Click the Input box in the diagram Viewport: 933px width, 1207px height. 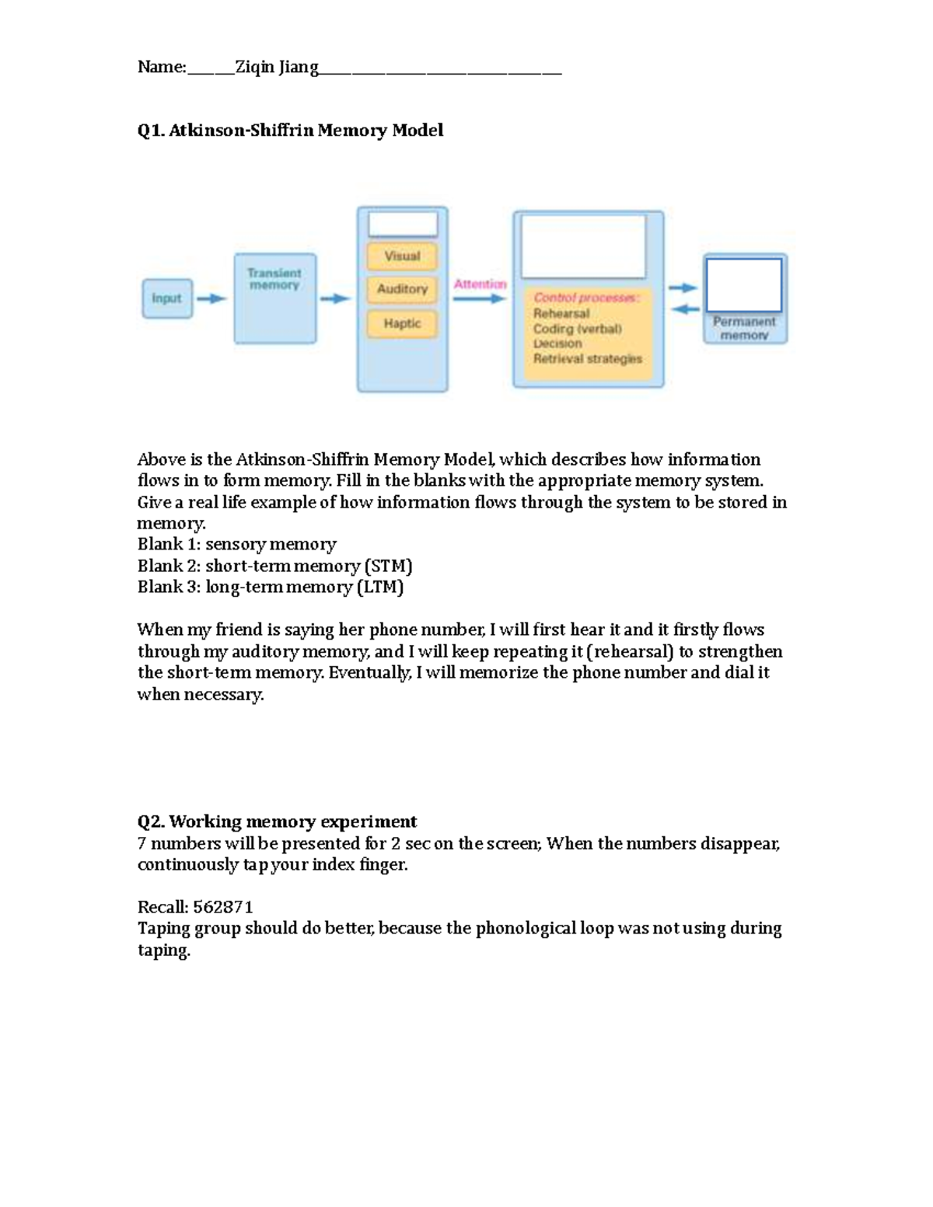[x=166, y=298]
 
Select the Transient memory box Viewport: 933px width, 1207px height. [x=274, y=298]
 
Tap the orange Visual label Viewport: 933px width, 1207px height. [x=402, y=256]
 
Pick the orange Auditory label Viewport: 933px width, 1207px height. [x=402, y=289]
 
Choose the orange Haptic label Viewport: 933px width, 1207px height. [x=402, y=323]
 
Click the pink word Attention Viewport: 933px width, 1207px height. [x=480, y=284]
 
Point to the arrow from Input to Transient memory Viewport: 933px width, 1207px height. [x=211, y=298]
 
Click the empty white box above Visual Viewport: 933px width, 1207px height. [x=403, y=225]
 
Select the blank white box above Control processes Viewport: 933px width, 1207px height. [x=583, y=246]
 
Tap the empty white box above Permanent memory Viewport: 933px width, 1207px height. [x=743, y=285]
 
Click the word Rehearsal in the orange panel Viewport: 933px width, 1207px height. [x=561, y=313]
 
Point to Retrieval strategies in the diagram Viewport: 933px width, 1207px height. [x=588, y=359]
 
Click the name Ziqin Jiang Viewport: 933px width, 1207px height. [x=277, y=68]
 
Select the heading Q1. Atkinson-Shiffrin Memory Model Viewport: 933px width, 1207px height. [x=290, y=130]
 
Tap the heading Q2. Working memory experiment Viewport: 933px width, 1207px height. [x=277, y=822]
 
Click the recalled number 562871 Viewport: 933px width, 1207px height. [x=223, y=907]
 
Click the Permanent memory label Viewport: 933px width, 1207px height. [x=744, y=328]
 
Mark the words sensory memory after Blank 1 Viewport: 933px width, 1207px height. [x=271, y=544]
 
